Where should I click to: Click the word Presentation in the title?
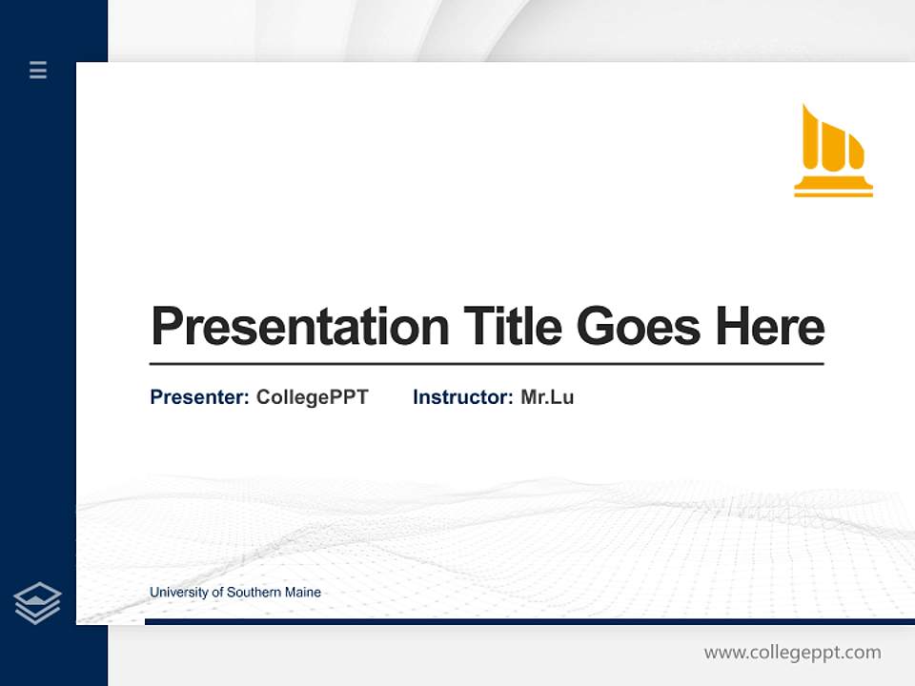pos(299,327)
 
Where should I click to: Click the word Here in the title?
pos(769,327)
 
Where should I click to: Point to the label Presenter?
pos(199,397)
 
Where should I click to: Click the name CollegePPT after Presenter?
pos(312,397)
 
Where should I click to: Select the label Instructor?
pos(462,397)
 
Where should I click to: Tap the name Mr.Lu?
pos(547,397)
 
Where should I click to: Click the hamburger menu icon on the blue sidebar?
pos(38,70)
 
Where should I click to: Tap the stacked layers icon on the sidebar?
pos(37,603)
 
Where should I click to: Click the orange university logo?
pos(833,152)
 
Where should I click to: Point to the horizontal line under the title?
pos(486,363)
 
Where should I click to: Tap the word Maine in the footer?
pos(302,593)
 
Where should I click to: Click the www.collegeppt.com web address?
pos(792,653)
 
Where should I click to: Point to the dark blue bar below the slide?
pos(529,621)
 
